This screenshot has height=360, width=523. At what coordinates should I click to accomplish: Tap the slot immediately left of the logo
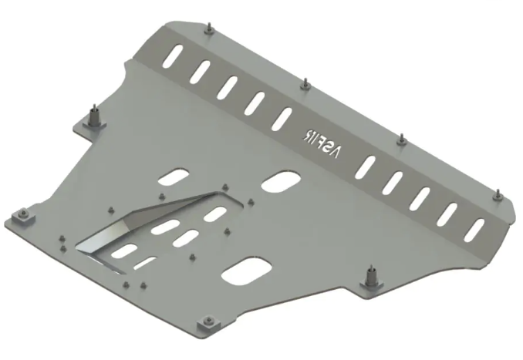(x=283, y=117)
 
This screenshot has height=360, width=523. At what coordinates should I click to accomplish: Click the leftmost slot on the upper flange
(x=174, y=57)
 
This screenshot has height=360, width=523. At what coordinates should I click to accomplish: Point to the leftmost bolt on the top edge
(x=209, y=29)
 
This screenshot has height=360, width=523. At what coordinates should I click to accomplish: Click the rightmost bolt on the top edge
(x=498, y=194)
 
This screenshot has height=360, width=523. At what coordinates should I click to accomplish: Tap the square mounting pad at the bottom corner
(x=206, y=321)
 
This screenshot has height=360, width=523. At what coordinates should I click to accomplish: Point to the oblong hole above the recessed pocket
(x=173, y=177)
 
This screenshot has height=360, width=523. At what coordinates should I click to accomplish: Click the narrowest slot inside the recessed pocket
(x=144, y=264)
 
